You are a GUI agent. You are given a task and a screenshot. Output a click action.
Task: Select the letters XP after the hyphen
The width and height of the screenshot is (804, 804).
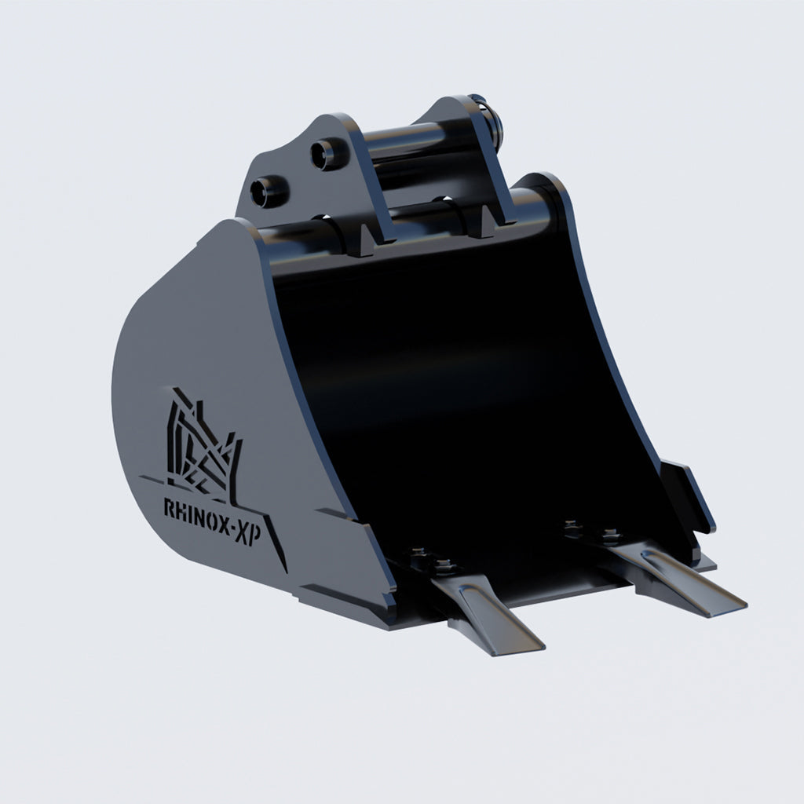(253, 536)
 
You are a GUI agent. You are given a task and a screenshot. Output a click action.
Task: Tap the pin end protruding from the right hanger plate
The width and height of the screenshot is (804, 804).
(493, 118)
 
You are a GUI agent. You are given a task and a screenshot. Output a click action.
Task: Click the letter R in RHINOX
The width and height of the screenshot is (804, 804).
(169, 508)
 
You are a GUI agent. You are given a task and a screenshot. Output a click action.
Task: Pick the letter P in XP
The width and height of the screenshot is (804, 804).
(261, 539)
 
